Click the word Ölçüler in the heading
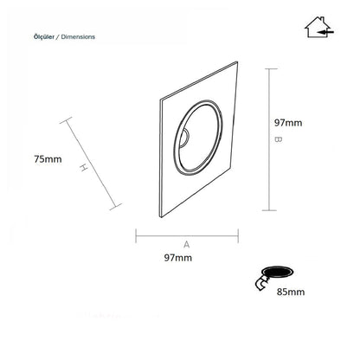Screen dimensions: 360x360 (44, 37)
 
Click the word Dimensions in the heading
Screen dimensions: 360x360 (78, 37)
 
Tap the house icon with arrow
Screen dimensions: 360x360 (319, 27)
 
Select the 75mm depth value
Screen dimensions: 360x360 (48, 159)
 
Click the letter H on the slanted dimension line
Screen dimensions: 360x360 (83, 168)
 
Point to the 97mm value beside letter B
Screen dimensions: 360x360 (288, 123)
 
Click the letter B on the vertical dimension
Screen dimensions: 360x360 (278, 139)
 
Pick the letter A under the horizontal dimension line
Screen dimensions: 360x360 (187, 245)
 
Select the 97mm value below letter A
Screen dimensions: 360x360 (178, 258)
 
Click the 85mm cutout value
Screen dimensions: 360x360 (291, 292)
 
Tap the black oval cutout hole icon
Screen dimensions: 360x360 (277, 272)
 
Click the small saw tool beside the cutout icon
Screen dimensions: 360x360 (261, 283)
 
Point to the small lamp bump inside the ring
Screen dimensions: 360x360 (184, 137)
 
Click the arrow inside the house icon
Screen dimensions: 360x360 (326, 31)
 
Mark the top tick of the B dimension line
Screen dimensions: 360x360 (271, 69)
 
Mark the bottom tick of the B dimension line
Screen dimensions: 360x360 (269, 210)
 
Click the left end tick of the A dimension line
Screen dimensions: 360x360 (136, 235)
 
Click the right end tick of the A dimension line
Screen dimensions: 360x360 (238, 235)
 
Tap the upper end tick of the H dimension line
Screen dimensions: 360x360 (66, 120)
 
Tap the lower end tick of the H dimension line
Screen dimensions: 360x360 (116, 207)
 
